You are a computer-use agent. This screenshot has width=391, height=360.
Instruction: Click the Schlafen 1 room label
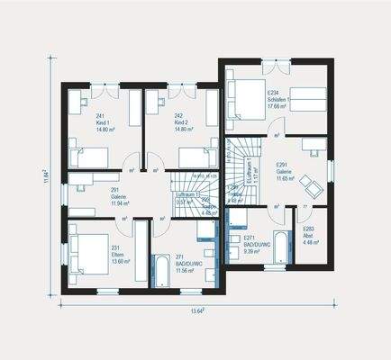click(x=277, y=99)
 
